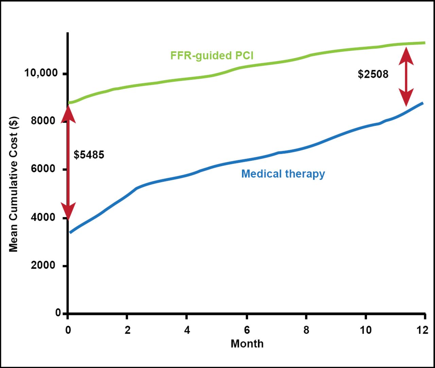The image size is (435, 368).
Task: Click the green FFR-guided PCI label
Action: pyautogui.click(x=212, y=55)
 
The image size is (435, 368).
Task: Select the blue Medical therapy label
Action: pyautogui.click(x=283, y=174)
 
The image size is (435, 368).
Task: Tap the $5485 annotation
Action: pyautogui.click(x=89, y=155)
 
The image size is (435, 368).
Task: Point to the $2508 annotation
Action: pyautogui.click(x=373, y=74)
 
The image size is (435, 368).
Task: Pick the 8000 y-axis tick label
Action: pyautogui.click(x=43, y=121)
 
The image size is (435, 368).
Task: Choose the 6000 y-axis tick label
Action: pyautogui.click(x=43, y=169)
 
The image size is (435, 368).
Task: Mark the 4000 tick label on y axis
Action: pyautogui.click(x=43, y=217)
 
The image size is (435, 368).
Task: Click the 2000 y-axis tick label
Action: pyautogui.click(x=43, y=265)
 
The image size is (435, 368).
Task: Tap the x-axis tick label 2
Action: pyautogui.click(x=127, y=330)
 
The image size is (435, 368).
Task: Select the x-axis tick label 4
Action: pyautogui.click(x=187, y=330)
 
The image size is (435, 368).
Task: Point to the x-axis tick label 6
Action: pyautogui.click(x=247, y=330)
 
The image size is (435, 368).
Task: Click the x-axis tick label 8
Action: pyautogui.click(x=306, y=330)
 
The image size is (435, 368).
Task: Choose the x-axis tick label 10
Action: pyautogui.click(x=366, y=330)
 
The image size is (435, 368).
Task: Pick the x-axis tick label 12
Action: pyautogui.click(x=423, y=330)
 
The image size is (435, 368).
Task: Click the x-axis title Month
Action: pyautogui.click(x=247, y=344)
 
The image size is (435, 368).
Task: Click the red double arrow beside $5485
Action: pyautogui.click(x=68, y=163)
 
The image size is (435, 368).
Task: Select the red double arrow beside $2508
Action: pyautogui.click(x=406, y=77)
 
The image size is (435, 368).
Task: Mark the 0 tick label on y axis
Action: pyautogui.click(x=58, y=313)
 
